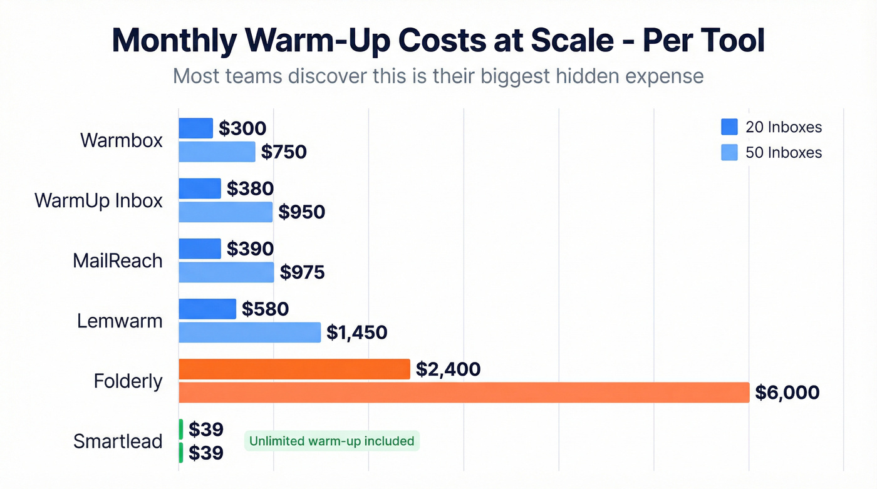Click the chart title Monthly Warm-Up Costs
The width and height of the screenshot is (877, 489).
point(438,41)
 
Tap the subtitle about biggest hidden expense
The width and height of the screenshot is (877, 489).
point(438,76)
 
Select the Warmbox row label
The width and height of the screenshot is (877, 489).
point(122,140)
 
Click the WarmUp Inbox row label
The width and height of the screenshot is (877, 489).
point(98,200)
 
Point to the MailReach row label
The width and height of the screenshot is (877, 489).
point(118,260)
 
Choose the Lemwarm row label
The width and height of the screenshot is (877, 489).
point(120,321)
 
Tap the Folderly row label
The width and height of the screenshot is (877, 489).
point(128,381)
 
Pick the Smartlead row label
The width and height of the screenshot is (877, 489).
point(118,441)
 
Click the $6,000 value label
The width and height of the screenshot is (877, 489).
point(787,393)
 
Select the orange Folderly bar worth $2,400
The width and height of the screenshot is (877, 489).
point(294,369)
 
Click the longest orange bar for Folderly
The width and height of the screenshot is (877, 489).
point(464,393)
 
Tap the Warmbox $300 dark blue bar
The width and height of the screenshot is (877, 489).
point(196,128)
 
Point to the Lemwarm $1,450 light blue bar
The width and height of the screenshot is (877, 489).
point(250,332)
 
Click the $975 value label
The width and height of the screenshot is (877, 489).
point(302,272)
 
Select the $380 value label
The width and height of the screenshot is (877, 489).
point(250,188)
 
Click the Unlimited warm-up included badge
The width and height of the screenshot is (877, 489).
point(331,441)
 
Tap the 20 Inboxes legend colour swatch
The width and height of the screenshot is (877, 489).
point(729,127)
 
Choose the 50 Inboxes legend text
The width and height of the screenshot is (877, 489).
point(783,152)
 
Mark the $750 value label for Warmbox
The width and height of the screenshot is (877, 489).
point(284,152)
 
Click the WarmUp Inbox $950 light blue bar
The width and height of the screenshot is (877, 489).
point(226,212)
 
